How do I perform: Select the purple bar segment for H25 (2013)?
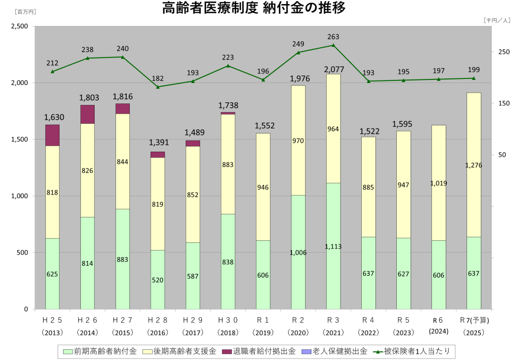[52, 135]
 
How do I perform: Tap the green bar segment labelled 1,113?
[333, 246]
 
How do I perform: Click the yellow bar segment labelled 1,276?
[474, 164]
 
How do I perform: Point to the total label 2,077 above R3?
[333, 69]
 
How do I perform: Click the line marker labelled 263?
[333, 45]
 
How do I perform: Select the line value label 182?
[158, 78]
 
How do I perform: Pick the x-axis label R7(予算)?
[474, 320]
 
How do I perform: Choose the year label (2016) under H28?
[158, 332]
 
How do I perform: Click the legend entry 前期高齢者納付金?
[100, 351]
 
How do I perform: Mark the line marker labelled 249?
[298, 52]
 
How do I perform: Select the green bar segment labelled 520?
[158, 280]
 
